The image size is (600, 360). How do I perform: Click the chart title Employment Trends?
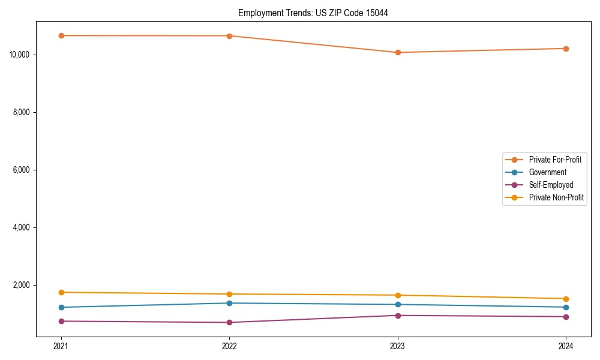313,13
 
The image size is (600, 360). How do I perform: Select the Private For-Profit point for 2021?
61,35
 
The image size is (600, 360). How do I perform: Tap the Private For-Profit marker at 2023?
398,52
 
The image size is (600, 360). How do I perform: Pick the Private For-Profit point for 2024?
566,49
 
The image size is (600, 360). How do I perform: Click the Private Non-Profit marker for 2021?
61,292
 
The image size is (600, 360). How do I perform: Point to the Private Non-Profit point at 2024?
566,299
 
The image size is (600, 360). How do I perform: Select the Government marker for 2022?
229,303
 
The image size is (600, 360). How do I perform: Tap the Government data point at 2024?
566,307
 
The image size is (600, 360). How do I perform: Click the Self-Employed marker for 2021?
61,321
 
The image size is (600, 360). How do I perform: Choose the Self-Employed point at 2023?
398,316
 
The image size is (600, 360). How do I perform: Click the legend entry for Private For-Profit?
555,160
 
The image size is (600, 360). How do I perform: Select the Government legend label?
547,172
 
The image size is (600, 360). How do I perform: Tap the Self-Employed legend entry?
551,185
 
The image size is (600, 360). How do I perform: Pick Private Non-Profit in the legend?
556,197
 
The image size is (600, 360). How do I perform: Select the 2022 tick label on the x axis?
229,346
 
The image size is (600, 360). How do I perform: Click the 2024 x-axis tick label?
566,346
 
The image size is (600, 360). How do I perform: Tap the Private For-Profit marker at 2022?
229,35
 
